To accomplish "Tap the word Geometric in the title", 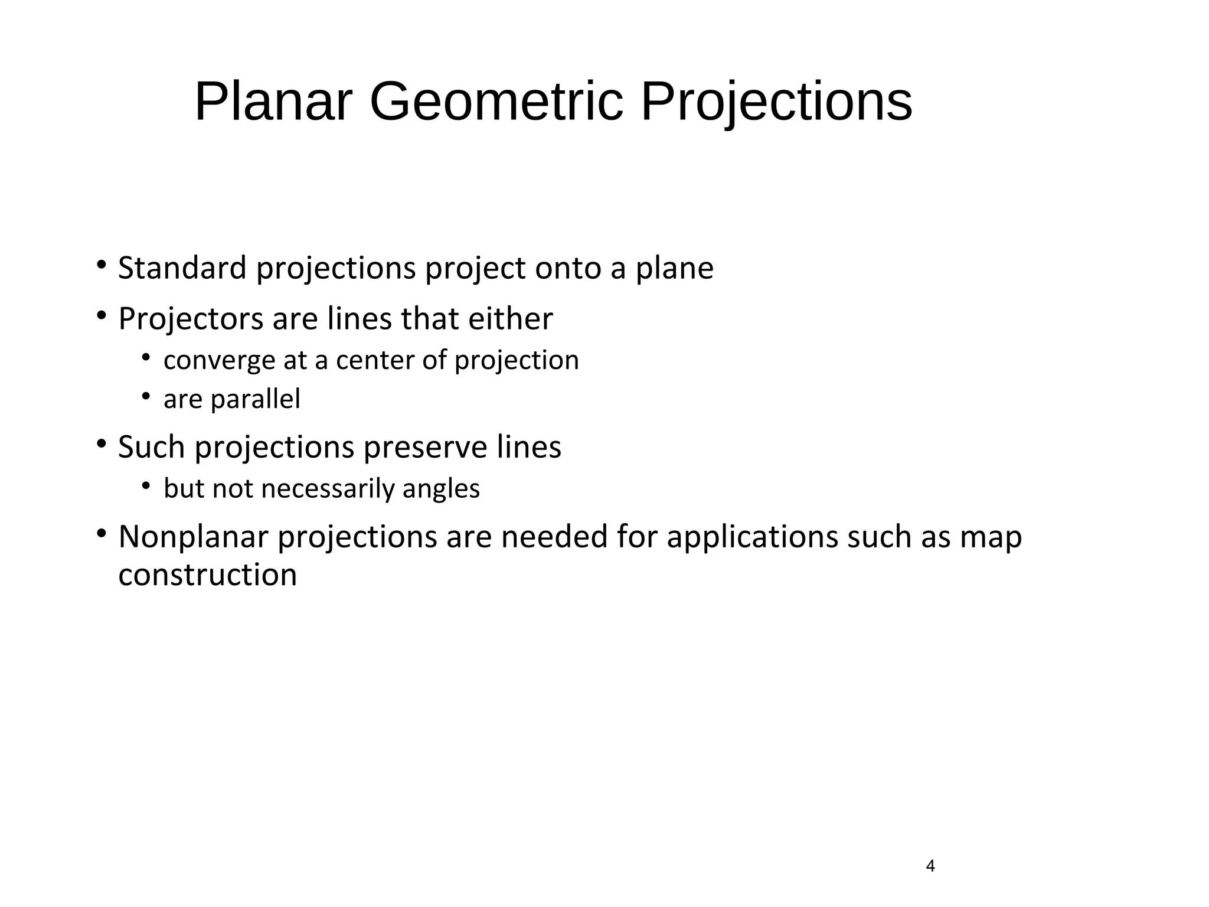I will point(496,102).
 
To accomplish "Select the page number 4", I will point(930,866).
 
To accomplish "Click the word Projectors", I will point(190,319).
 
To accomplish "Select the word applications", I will point(752,538).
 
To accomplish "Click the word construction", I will point(207,575).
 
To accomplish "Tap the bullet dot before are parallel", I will point(145,396).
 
